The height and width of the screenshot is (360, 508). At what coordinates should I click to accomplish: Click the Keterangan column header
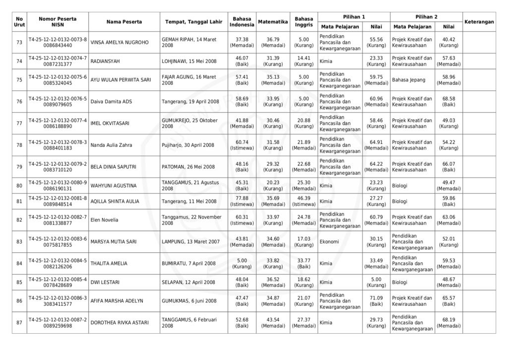(x=479, y=22)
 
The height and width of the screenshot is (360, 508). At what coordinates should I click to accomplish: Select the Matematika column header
(x=273, y=22)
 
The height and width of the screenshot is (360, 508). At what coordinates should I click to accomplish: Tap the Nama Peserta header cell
(x=124, y=22)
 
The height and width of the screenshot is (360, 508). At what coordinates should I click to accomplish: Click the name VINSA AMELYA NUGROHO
(x=120, y=43)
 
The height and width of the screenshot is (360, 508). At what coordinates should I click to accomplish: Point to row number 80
(x=19, y=186)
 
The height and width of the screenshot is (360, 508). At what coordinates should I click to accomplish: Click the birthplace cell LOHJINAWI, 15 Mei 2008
(x=189, y=61)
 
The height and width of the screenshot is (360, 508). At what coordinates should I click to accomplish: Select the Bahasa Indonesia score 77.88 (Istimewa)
(x=242, y=202)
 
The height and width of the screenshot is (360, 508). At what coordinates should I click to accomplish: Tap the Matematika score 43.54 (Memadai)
(x=273, y=323)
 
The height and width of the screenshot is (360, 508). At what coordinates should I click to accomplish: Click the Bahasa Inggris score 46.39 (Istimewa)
(x=304, y=202)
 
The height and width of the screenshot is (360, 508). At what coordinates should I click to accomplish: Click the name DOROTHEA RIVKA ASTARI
(x=120, y=323)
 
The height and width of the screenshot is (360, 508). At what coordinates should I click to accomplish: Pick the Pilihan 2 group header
(x=426, y=17)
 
